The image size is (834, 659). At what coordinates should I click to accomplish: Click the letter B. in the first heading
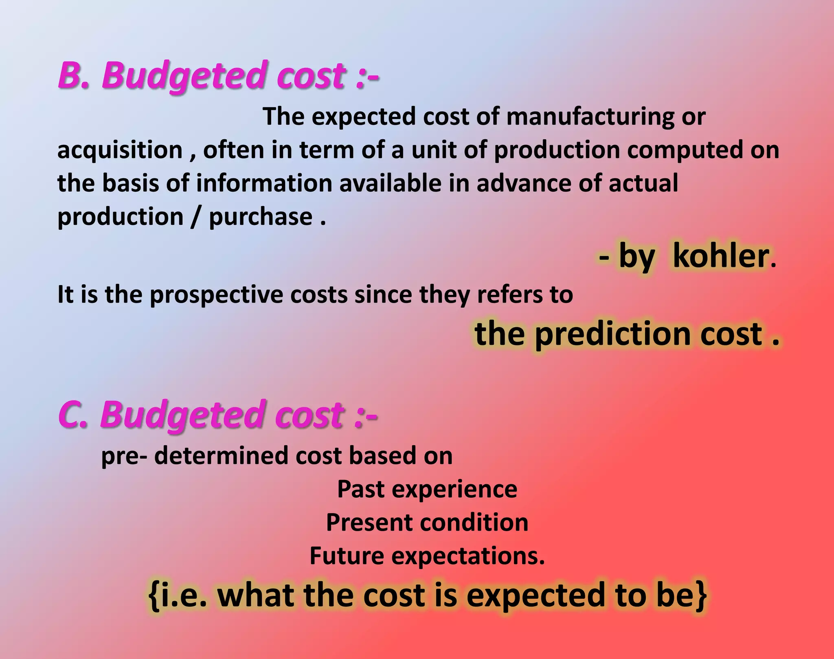tap(73, 75)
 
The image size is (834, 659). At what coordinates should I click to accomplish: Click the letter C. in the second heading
tap(73, 415)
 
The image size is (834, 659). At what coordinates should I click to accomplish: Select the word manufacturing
tap(590, 116)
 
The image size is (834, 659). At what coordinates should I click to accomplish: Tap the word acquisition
tap(120, 151)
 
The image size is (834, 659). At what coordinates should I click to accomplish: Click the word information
tap(264, 183)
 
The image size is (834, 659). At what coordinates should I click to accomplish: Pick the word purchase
tap(261, 217)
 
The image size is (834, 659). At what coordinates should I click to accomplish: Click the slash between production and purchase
tap(196, 217)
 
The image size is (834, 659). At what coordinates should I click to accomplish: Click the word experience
tap(454, 490)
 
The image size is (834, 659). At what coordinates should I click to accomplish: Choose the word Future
tap(347, 556)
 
